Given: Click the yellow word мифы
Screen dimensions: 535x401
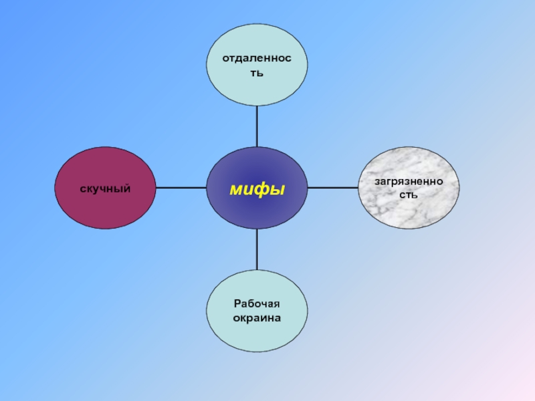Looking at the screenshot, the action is (257, 189).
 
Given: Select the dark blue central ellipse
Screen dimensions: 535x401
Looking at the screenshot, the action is (257, 188).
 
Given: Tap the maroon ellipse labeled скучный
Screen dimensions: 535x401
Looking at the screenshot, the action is (105, 188).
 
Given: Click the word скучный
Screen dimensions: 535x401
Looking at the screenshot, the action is (105, 189).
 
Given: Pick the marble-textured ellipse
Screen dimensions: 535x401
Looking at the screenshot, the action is (409, 188).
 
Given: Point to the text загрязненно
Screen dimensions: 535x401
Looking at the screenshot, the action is (409, 182).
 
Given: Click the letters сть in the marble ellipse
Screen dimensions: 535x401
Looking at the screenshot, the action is (409, 194).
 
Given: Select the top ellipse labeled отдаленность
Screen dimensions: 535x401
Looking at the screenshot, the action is (257, 65).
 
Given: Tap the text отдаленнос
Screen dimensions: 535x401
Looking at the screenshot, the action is (257, 58).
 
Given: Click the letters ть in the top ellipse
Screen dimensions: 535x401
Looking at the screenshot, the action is (257, 73).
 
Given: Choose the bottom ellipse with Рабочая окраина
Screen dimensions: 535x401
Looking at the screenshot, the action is (257, 311).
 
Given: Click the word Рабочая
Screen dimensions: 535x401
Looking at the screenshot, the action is (257, 303).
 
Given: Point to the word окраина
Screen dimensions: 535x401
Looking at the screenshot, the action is (257, 318).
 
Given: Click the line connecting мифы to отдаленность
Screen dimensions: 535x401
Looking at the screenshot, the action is (257, 126).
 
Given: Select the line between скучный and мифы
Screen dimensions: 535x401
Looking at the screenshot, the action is (181, 188).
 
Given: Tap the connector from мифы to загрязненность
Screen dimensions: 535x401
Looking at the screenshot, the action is (333, 188).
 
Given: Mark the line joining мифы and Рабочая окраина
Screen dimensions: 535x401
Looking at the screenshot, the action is (257, 249).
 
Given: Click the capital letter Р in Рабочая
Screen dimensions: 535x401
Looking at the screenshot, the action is (237, 303).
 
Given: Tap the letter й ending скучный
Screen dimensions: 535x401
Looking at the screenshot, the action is (126, 188).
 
